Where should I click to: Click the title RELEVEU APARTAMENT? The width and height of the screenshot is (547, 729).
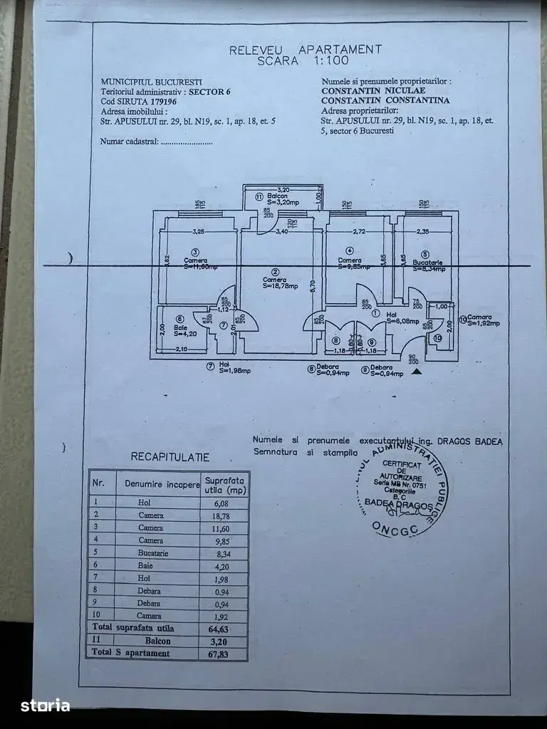point(305,49)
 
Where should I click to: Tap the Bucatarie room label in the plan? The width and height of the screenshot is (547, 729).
point(427,262)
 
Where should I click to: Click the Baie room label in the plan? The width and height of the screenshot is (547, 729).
point(179,327)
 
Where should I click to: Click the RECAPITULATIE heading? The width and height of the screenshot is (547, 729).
point(170,457)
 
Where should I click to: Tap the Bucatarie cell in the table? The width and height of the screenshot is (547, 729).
point(150,552)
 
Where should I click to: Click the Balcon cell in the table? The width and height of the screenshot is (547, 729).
point(150,641)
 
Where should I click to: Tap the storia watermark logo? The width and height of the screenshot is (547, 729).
point(46,705)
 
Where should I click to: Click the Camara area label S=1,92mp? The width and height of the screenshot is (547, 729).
point(484,323)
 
